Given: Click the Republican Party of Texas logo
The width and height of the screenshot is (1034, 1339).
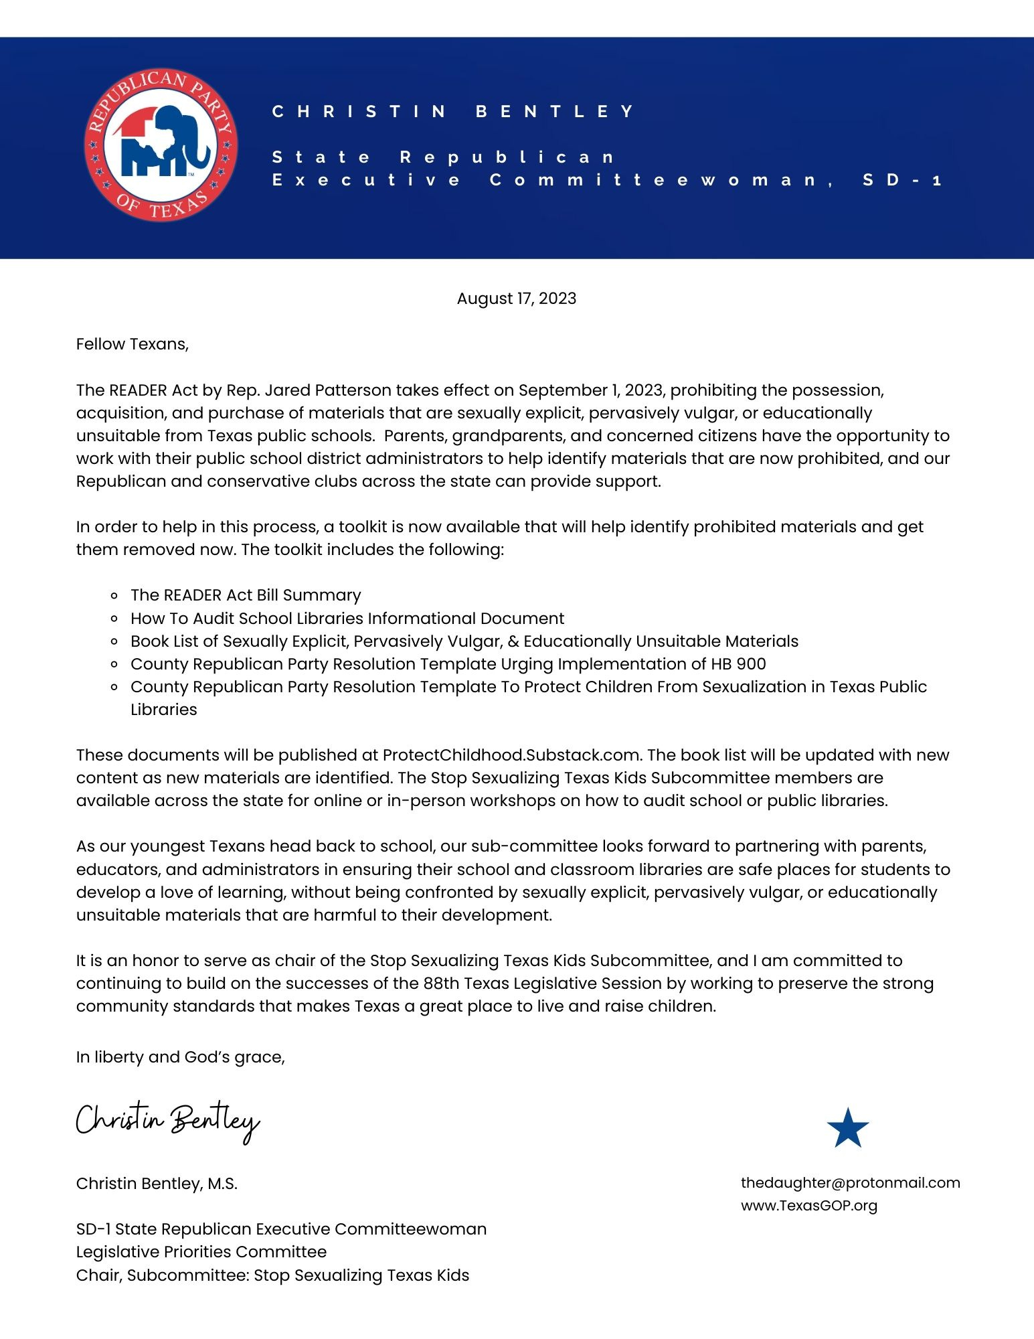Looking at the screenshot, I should pyautogui.click(x=161, y=145).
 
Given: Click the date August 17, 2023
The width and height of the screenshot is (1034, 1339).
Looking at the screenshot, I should pyautogui.click(x=516, y=299).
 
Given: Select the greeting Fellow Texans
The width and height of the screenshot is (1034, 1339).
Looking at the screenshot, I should pyautogui.click(x=132, y=344).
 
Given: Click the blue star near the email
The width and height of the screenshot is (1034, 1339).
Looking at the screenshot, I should pyautogui.click(x=847, y=1128).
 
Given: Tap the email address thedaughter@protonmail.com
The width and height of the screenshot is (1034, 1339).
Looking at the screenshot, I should pyautogui.click(x=850, y=1182).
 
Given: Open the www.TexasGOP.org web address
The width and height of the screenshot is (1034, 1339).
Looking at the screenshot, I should pyautogui.click(x=808, y=1205).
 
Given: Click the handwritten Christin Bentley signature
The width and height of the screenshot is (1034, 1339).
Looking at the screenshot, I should pyautogui.click(x=167, y=1121).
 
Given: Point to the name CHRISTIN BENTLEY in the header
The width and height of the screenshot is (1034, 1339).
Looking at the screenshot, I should pyautogui.click(x=453, y=111).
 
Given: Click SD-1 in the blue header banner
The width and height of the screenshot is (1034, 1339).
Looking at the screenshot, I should pyautogui.click(x=901, y=179).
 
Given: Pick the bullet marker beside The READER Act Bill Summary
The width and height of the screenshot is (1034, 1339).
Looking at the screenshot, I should pyautogui.click(x=115, y=596).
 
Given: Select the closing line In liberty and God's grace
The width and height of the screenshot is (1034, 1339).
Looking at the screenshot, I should pyautogui.click(x=180, y=1057).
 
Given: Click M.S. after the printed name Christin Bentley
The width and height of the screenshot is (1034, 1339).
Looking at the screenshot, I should pyautogui.click(x=222, y=1184).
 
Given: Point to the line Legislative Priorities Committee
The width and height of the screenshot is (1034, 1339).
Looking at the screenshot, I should pyautogui.click(x=201, y=1252).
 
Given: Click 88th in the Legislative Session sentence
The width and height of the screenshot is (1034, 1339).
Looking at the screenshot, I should pyautogui.click(x=441, y=983).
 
